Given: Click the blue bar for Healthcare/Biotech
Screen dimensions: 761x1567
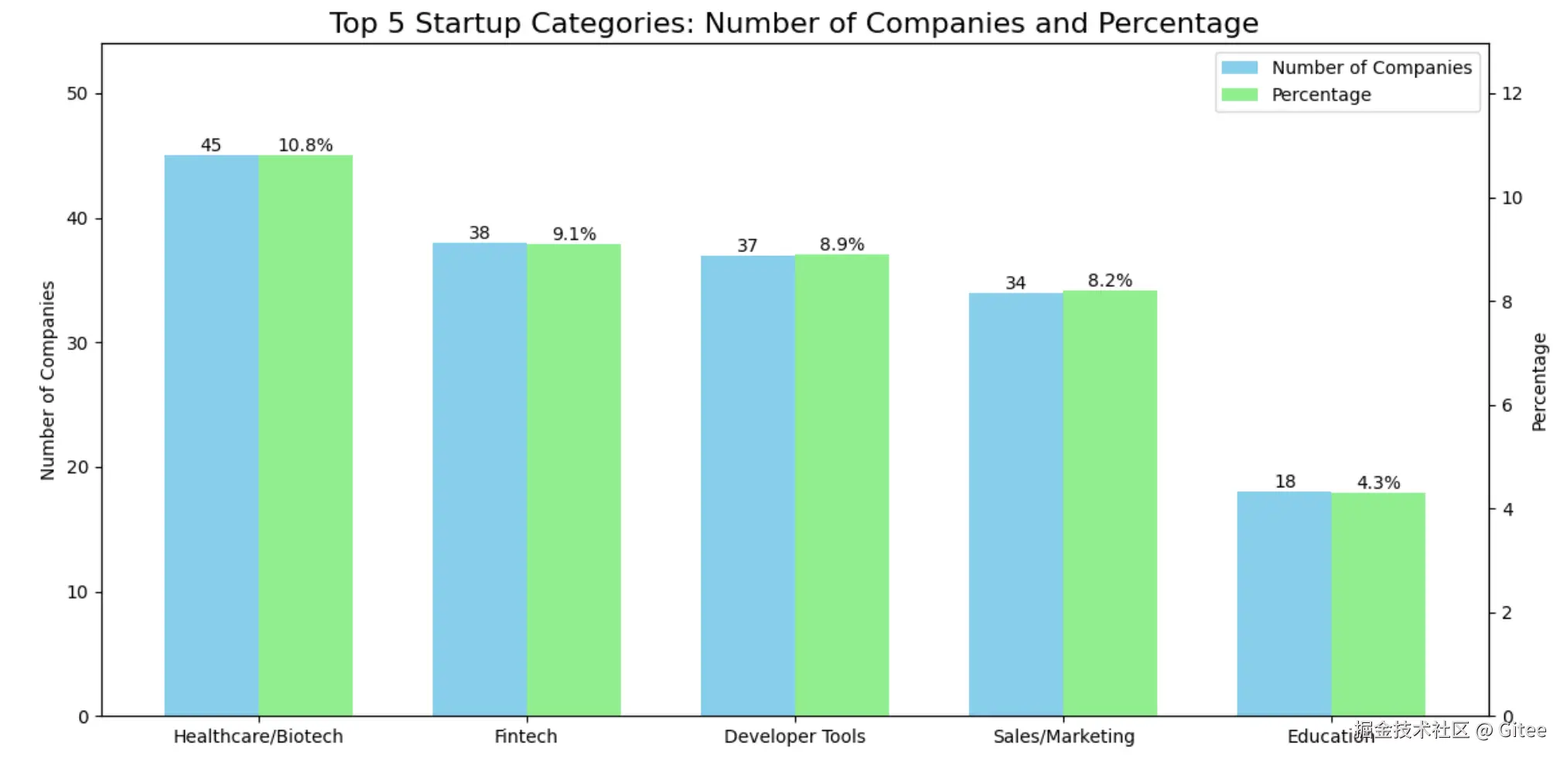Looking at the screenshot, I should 211,435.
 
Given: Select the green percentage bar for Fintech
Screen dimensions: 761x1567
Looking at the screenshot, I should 574,479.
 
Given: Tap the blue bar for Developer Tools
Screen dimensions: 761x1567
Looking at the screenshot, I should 747,485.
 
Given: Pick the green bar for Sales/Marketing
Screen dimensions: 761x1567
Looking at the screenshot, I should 1110,503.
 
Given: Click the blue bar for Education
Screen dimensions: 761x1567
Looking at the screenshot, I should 1284,603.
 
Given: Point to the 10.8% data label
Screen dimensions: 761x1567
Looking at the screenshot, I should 306,145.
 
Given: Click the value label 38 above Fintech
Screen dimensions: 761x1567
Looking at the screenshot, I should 480,233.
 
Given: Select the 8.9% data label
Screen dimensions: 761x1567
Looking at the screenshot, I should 842,244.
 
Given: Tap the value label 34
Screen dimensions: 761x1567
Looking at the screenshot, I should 1016,283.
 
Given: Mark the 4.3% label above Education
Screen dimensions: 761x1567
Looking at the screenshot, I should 1378,483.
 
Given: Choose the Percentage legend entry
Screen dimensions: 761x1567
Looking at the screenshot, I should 1321,95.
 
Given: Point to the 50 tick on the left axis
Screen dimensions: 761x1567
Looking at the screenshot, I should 77,94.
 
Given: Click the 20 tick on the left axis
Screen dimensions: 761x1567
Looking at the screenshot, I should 77,467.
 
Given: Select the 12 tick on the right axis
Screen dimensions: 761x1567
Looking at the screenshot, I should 1511,94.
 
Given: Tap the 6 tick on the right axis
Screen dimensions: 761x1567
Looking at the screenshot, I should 1507,405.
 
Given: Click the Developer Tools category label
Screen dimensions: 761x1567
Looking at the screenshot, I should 794,736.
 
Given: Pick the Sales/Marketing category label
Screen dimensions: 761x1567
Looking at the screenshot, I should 1063,736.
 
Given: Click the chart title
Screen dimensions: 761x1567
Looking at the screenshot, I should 794,23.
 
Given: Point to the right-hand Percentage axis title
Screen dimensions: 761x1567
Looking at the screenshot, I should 1539,381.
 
